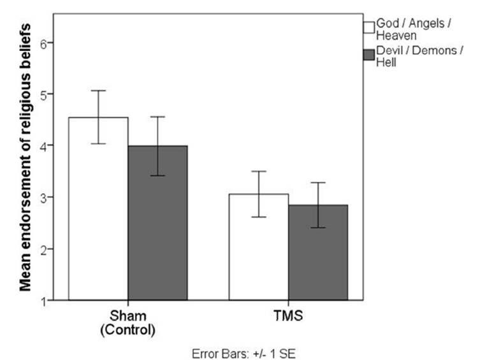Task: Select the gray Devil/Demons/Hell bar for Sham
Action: (x=157, y=222)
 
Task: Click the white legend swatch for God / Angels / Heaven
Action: (x=368, y=27)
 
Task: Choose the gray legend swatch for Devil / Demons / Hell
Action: (x=368, y=55)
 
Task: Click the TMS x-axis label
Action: (x=287, y=315)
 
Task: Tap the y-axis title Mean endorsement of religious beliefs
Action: (x=25, y=157)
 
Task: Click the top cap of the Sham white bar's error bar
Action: (x=98, y=90)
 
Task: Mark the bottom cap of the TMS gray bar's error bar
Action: (x=317, y=227)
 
